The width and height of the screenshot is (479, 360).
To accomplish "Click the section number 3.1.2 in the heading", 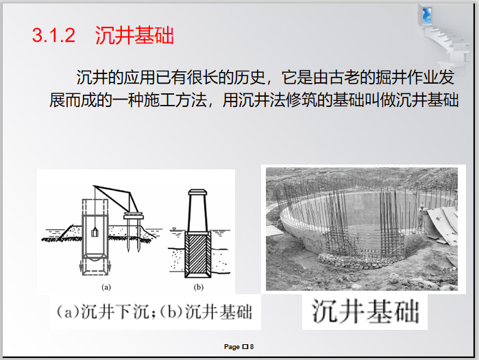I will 53,36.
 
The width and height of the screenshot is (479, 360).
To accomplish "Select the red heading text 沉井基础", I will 134,36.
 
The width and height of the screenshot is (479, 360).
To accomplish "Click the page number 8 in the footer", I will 252,347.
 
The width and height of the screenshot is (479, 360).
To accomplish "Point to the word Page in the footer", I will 232,347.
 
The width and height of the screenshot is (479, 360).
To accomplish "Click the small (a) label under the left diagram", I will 106,286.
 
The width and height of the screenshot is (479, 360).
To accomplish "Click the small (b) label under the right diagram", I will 199,286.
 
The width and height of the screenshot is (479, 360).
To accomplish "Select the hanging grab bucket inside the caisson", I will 95,232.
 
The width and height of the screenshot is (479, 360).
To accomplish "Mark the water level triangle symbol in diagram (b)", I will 175,229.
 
